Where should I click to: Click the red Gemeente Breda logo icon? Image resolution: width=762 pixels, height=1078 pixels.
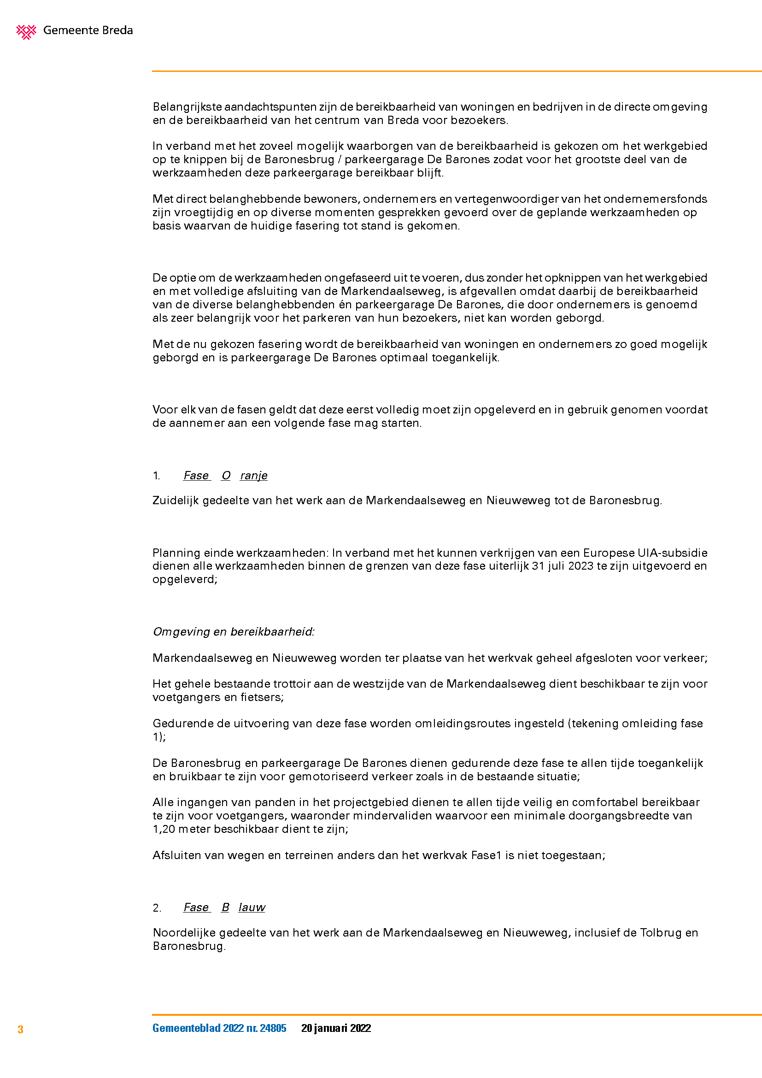(x=26, y=31)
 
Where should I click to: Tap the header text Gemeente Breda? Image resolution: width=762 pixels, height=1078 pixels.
(x=88, y=30)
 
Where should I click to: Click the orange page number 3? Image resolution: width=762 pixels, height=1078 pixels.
(x=21, y=1030)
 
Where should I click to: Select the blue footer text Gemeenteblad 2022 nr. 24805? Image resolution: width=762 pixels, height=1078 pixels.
(x=219, y=1028)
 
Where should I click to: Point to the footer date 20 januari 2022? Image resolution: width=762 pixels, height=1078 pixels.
(x=336, y=1028)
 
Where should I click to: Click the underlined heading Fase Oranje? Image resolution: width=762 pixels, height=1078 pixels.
(x=225, y=476)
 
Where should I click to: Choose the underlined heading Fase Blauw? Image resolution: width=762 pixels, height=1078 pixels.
(x=224, y=907)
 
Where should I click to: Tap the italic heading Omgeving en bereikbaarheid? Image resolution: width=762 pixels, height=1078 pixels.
(x=233, y=632)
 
